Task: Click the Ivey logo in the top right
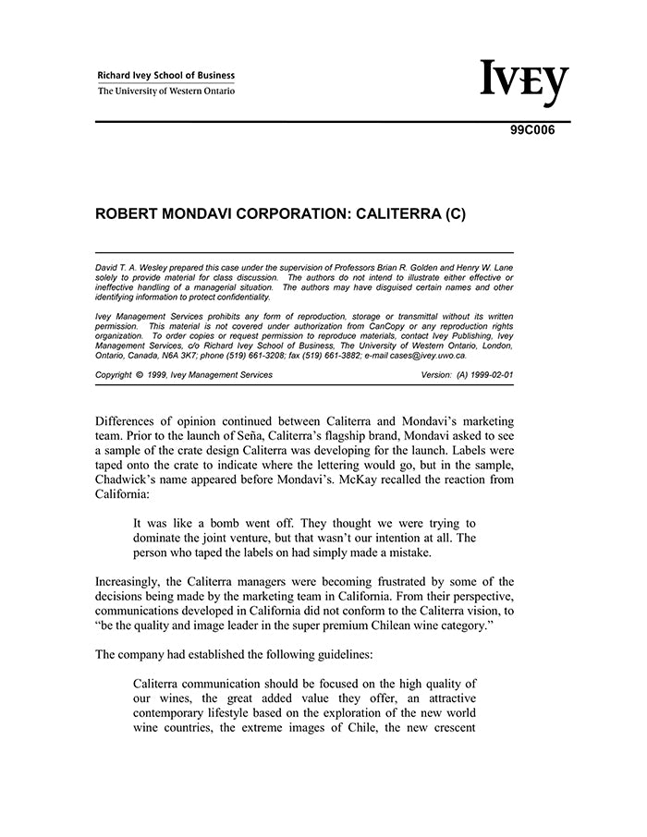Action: pos(524,84)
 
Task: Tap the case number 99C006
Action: pos(532,130)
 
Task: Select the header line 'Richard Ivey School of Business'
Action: pos(166,76)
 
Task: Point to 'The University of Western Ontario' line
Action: pos(166,91)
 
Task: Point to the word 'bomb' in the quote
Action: pos(220,524)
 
